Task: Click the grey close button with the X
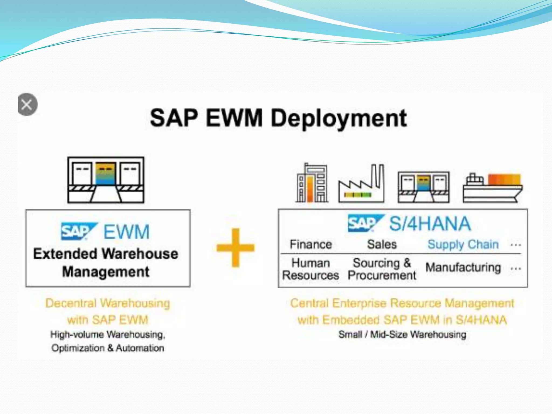tap(27, 104)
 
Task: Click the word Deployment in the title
tap(339, 119)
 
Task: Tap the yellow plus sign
tap(236, 247)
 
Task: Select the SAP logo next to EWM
tap(78, 231)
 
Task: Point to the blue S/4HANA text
tap(430, 224)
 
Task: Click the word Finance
tap(310, 244)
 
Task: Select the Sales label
tap(382, 244)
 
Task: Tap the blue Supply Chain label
tap(463, 244)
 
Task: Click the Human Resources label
tap(310, 269)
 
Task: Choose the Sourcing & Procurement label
tap(382, 269)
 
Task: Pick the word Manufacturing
tap(463, 267)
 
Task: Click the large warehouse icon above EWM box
tap(106, 180)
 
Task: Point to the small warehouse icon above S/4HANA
tap(423, 187)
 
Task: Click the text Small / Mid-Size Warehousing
tap(402, 334)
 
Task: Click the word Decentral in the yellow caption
tap(71, 303)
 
